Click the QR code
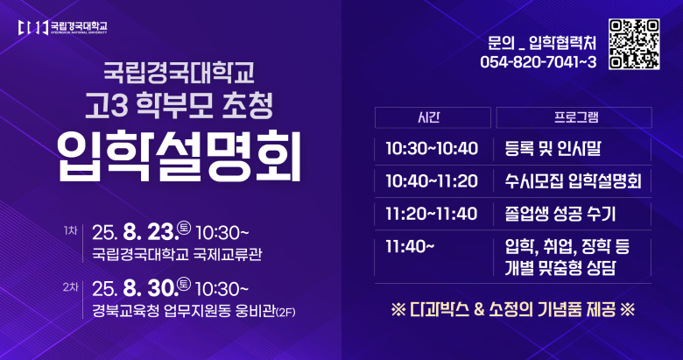[x=634, y=44]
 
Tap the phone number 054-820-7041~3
[x=539, y=62]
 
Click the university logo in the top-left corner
[x=63, y=27]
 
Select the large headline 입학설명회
[x=179, y=156]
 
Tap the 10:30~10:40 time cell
[x=432, y=149]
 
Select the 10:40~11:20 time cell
[x=432, y=180]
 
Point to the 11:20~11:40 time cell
[x=432, y=214]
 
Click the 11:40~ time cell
[x=410, y=247]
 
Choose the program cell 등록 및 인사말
[x=553, y=149]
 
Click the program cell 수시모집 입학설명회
[x=574, y=180]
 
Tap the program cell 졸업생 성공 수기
[x=560, y=214]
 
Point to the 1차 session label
[x=70, y=230]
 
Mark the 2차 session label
[x=70, y=286]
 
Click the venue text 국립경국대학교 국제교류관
[x=177, y=254]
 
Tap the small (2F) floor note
[x=285, y=312]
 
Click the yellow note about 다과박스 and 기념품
[x=512, y=309]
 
